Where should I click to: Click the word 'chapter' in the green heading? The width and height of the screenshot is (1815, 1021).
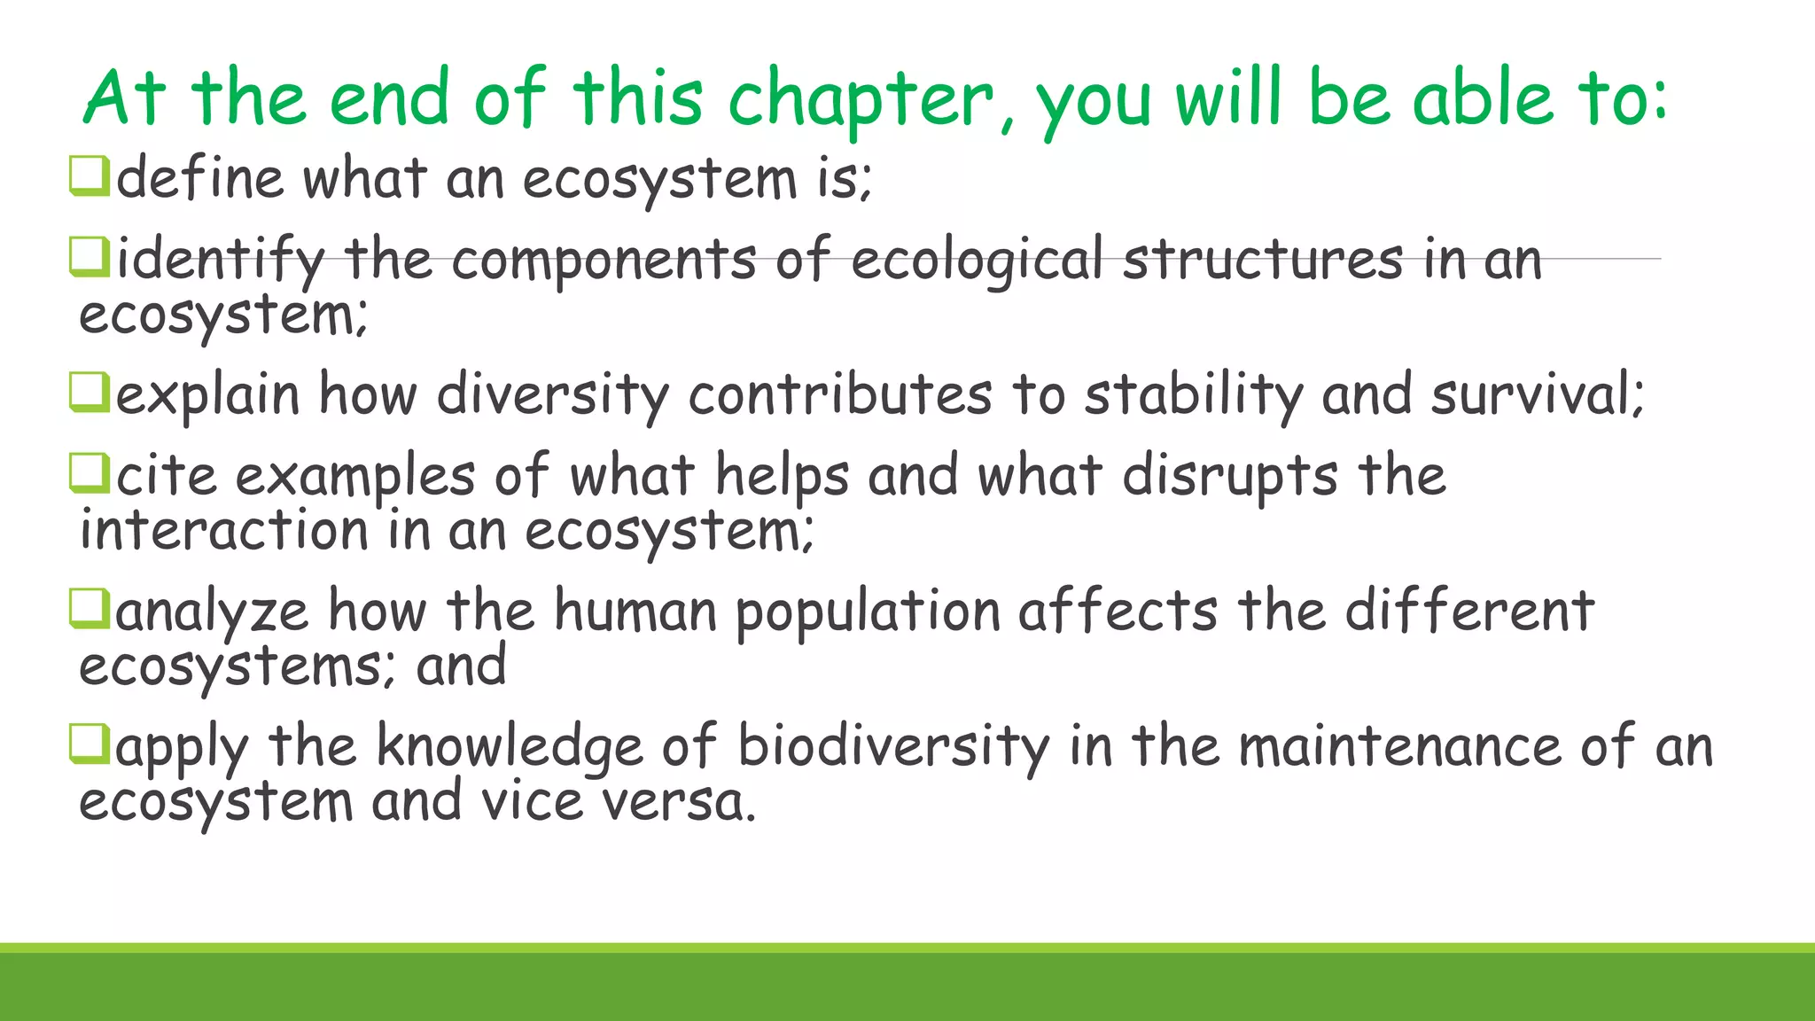pos(860,99)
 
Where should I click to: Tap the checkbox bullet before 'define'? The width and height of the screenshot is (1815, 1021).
pos(90,175)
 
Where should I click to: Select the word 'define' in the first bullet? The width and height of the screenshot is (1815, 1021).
pos(200,178)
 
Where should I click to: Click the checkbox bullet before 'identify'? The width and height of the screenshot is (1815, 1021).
pos(90,257)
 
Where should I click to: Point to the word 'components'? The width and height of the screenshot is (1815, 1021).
pos(604,261)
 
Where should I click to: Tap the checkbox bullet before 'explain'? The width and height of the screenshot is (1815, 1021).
pos(90,393)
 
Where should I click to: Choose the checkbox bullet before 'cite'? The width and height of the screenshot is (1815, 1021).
pos(90,474)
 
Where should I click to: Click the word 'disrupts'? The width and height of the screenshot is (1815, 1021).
pos(1230,477)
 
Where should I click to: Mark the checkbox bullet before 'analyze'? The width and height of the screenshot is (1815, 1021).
pos(90,610)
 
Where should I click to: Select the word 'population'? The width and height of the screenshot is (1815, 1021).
pos(868,613)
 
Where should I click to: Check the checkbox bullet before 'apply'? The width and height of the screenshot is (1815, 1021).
pos(90,744)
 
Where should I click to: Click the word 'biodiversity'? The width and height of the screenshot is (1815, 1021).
pos(893,746)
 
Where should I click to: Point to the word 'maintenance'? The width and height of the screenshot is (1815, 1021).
pos(1400,746)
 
